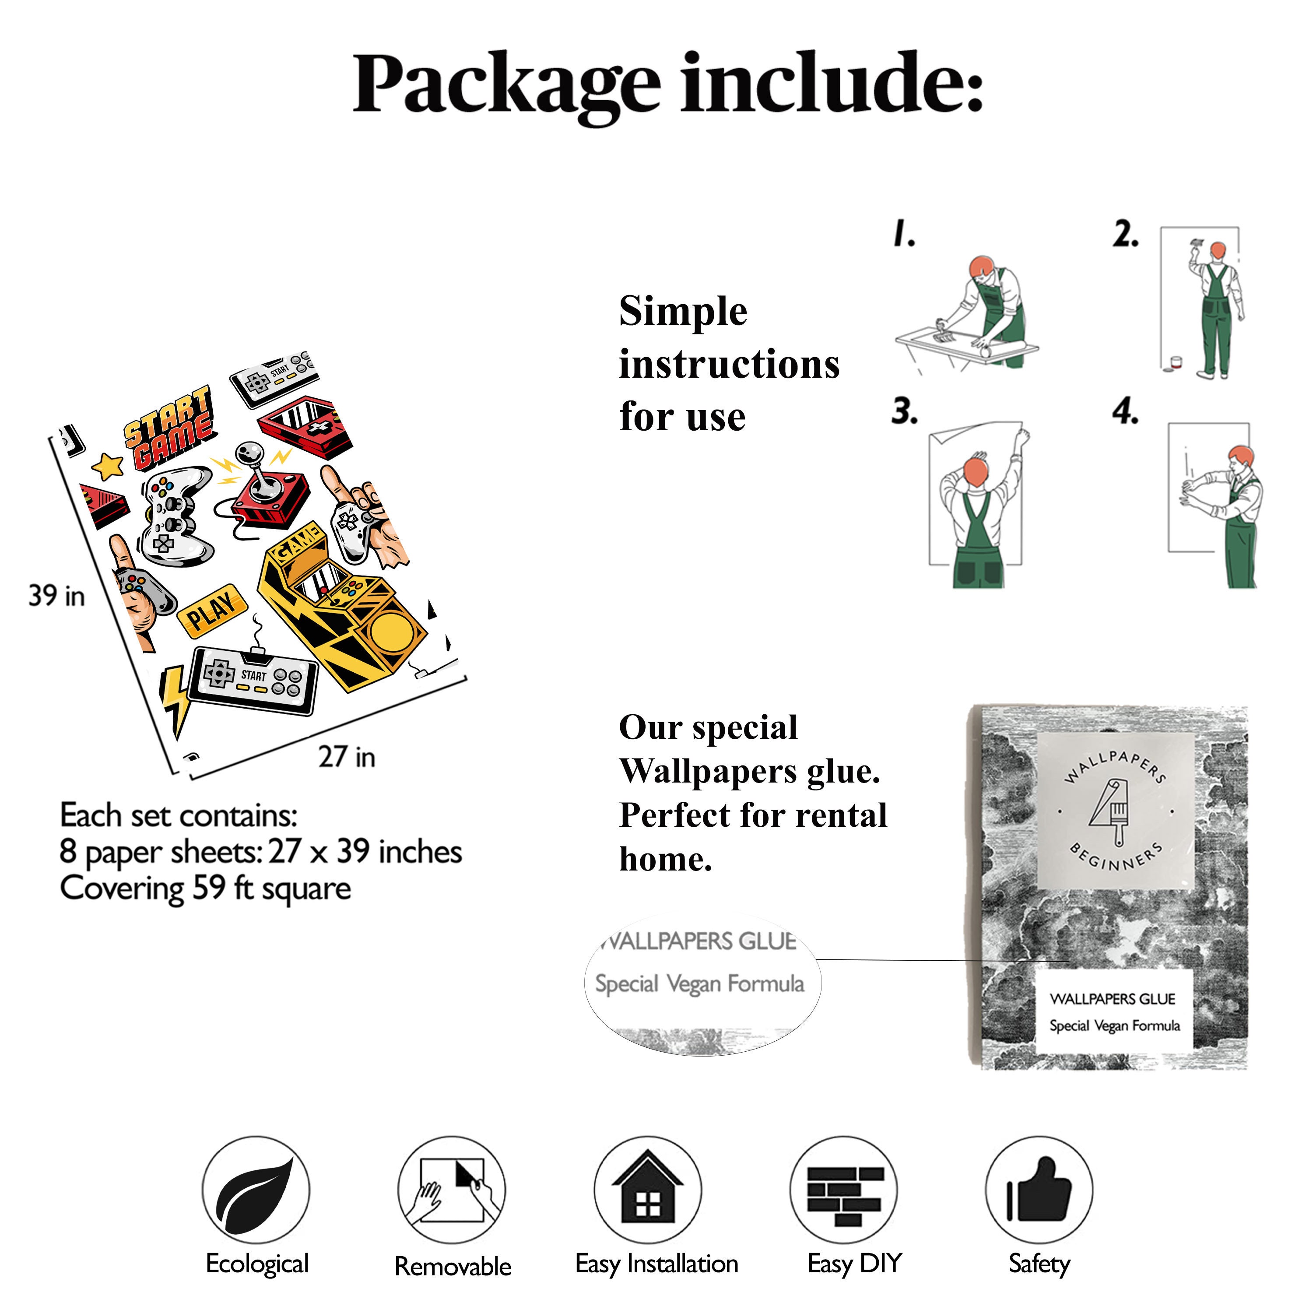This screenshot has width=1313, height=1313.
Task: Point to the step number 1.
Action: [904, 233]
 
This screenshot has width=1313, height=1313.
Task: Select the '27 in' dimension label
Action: [347, 756]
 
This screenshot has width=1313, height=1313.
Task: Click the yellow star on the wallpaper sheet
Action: [108, 466]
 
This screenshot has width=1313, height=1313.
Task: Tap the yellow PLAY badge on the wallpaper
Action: [211, 610]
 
